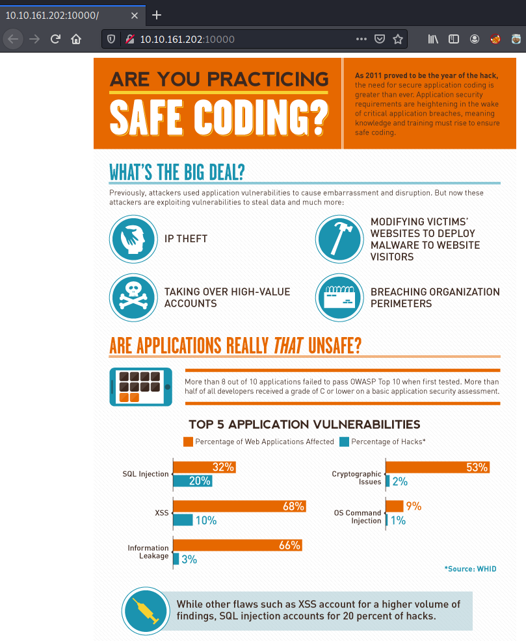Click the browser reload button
55,39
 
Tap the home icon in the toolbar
76,39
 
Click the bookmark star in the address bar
398,39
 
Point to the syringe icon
145,611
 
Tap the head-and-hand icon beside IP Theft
133,238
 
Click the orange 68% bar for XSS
239,507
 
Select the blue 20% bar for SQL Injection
192,481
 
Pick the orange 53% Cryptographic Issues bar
437,467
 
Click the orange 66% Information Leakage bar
237,546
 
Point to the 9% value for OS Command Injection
414,507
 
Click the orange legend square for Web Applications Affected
188,442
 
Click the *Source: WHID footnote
470,569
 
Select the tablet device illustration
140,387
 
